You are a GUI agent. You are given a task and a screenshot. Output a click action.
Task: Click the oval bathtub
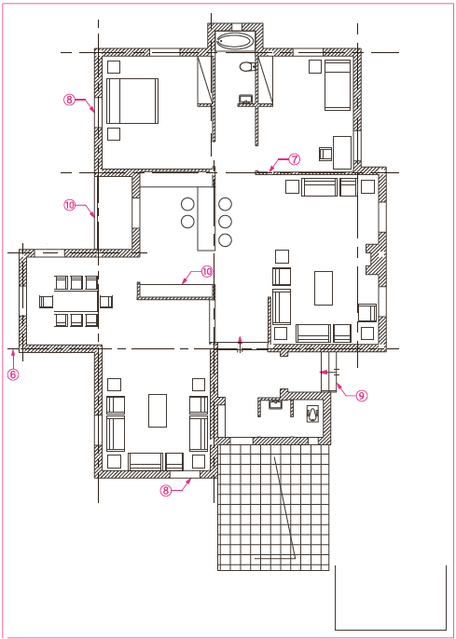(x=235, y=41)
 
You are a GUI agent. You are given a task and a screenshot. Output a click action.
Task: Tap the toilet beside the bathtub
(x=246, y=65)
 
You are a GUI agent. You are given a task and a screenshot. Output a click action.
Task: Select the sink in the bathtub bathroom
(x=245, y=99)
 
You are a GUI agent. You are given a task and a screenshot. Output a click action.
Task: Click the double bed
(x=132, y=101)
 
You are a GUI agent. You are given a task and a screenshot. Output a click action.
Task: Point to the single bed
(x=338, y=85)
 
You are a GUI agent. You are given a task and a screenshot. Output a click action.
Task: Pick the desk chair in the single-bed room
(x=325, y=154)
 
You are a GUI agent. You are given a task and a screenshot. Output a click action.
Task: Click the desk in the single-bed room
(x=342, y=153)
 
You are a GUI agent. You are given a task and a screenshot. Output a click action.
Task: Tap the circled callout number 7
(x=294, y=159)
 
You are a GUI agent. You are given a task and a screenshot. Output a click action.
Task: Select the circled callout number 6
(x=13, y=374)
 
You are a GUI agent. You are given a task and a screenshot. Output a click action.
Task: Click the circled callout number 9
(x=362, y=395)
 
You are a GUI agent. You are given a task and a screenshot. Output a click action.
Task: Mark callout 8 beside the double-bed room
(x=69, y=100)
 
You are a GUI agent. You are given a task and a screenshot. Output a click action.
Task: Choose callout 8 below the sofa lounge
(x=166, y=490)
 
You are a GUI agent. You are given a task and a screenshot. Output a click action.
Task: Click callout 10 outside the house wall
(x=70, y=205)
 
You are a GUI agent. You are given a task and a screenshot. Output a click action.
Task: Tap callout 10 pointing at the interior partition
(x=207, y=271)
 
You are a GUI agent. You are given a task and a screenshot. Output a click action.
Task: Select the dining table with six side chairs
(x=76, y=301)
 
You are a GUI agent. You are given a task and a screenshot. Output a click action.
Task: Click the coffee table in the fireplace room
(x=324, y=288)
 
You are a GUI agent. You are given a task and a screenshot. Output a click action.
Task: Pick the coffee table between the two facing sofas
(x=158, y=411)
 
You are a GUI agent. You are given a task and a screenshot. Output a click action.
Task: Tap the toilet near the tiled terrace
(x=312, y=414)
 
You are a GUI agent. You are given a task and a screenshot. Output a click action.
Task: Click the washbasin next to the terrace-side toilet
(x=275, y=404)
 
